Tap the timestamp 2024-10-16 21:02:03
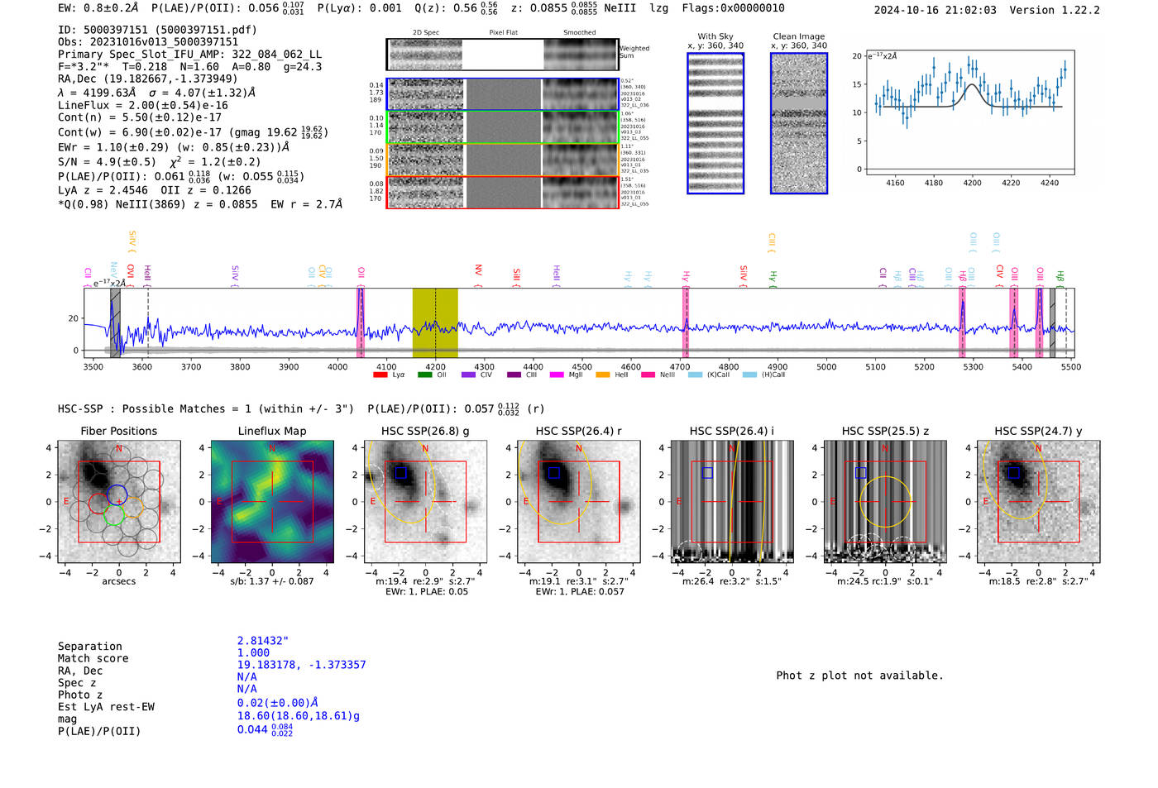point(935,10)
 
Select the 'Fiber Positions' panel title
point(118,431)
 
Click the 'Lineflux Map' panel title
point(272,431)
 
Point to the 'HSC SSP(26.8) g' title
point(425,431)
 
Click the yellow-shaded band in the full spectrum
point(435,322)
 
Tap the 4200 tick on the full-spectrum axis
point(435,367)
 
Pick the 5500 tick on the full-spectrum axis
point(1070,367)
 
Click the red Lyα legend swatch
point(380,375)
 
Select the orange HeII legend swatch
point(602,375)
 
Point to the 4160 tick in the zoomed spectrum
point(895,183)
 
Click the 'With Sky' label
point(715,36)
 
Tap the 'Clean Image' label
point(799,36)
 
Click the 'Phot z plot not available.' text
point(859,676)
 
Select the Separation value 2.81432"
point(263,641)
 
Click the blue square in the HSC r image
point(554,473)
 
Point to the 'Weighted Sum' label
point(634,52)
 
